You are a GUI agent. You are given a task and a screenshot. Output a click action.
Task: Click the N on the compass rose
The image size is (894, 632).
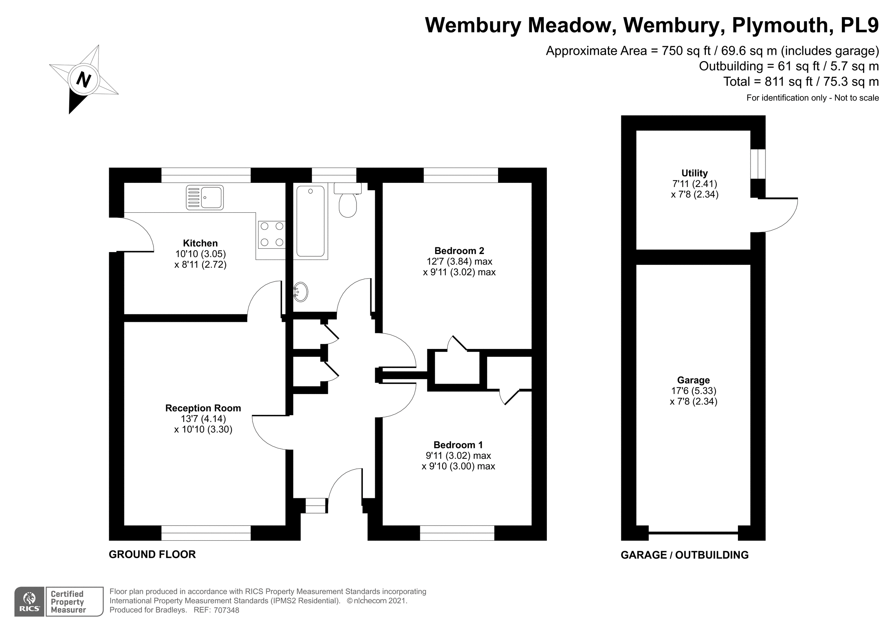pos(84,80)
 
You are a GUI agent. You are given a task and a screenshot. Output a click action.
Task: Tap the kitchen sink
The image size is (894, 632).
pos(205,197)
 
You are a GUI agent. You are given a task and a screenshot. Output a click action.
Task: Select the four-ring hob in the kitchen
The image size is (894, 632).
pos(272,234)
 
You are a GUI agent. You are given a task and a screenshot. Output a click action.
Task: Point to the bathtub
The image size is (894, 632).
pos(310,221)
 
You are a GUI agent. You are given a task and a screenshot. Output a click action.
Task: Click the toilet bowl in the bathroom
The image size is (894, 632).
pos(348,205)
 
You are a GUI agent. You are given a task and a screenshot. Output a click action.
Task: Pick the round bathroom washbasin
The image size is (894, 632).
pos(301,292)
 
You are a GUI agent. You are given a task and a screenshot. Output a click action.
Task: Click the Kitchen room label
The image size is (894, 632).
pos(200,243)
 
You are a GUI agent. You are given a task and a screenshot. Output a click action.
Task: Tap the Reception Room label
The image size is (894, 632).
pos(203,408)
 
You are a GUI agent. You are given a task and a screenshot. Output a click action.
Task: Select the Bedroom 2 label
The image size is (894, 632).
pos(459,251)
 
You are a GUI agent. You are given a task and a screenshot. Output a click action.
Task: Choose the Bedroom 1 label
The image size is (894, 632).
pos(458,445)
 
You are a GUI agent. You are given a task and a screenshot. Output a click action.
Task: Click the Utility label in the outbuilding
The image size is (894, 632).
pos(694,173)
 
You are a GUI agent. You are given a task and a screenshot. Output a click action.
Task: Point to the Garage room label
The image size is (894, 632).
pos(693,380)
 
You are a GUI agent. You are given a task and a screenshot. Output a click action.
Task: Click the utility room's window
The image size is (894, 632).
pos(758,164)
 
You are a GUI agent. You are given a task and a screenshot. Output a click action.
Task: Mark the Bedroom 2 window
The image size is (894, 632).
pos(461,175)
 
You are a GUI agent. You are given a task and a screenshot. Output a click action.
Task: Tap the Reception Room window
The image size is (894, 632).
pos(206,533)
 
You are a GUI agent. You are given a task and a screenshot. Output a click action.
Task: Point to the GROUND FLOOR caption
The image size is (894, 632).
pos(152,555)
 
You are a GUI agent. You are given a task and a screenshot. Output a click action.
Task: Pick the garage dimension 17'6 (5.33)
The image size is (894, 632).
pos(693,391)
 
